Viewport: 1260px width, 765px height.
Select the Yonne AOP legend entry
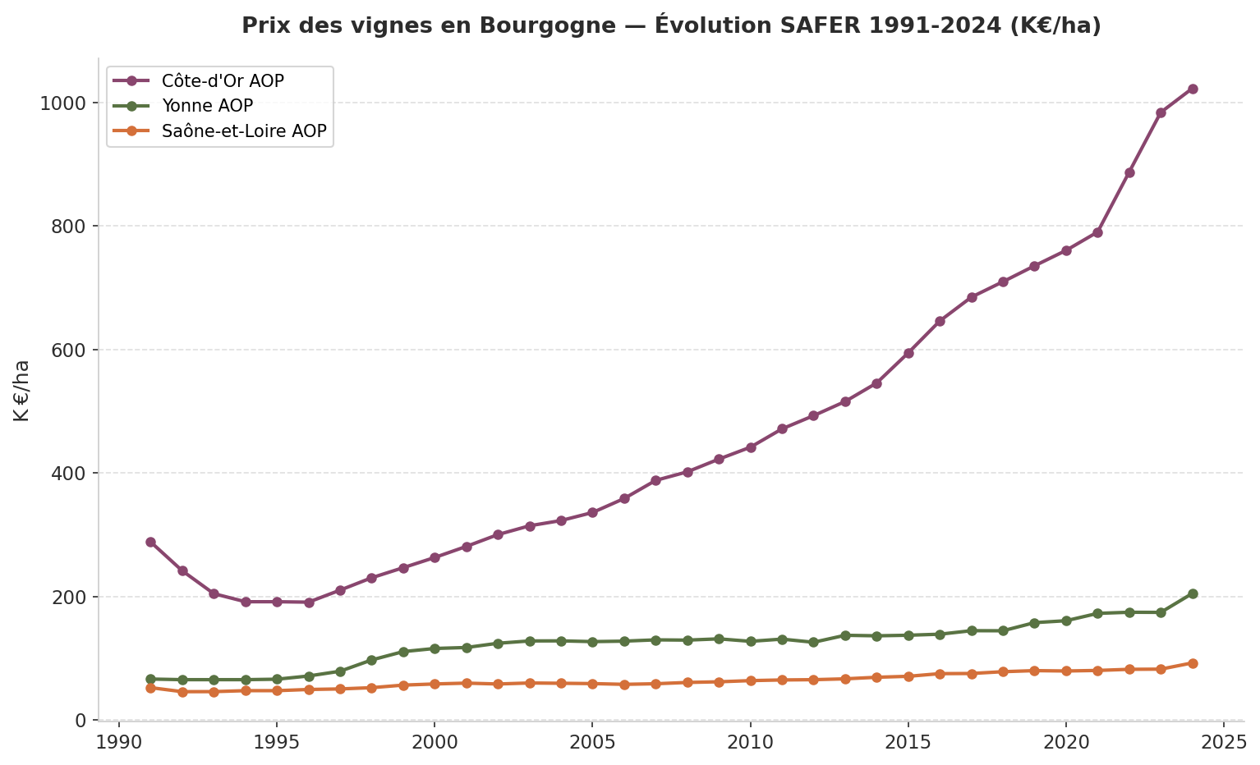coord(207,106)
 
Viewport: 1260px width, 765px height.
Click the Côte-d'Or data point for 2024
coord(1193,89)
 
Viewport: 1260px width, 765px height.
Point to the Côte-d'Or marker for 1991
coord(150,542)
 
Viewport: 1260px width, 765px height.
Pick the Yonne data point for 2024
coord(1193,593)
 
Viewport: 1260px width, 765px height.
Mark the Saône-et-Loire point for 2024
coord(1193,663)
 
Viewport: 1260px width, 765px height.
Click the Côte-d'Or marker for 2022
coord(1129,172)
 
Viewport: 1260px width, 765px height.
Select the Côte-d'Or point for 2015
coord(908,353)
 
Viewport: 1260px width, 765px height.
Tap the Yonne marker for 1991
coord(150,679)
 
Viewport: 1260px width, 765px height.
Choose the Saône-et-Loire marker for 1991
coord(150,688)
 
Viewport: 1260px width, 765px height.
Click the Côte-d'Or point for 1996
coord(309,602)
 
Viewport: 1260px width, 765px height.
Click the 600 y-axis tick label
coord(71,350)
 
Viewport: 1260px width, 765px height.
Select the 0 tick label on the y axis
coord(80,720)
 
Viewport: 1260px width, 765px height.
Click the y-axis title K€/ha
coord(22,391)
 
